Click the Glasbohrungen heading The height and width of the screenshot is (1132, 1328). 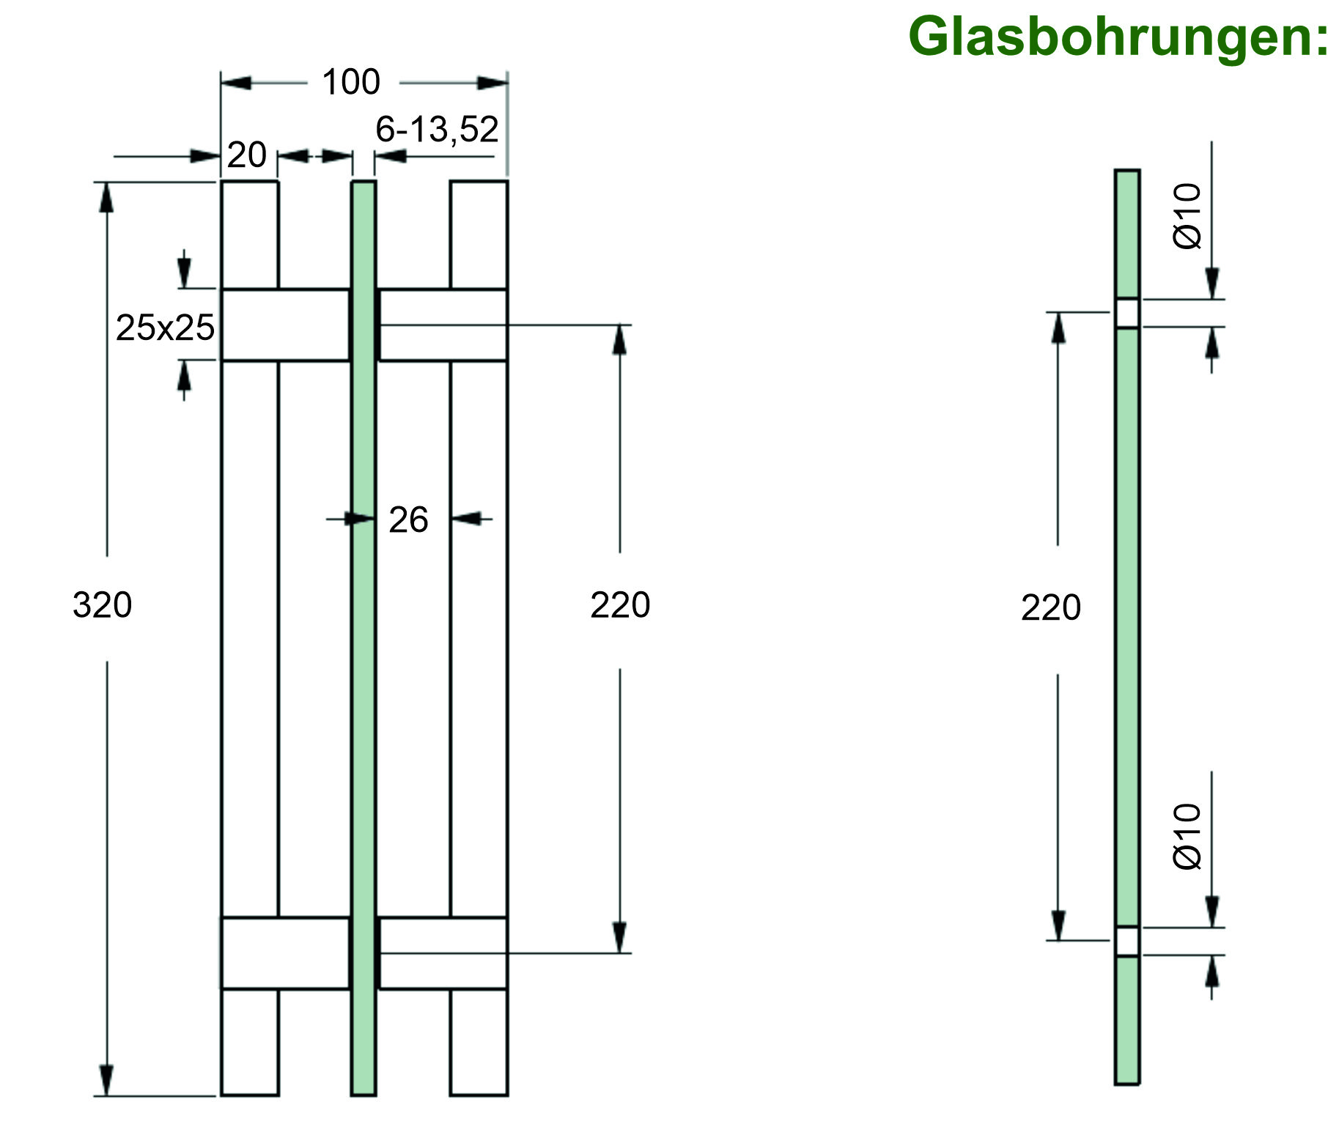point(1116,37)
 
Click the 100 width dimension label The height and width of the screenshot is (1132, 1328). point(351,82)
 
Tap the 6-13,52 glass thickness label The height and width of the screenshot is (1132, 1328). point(437,130)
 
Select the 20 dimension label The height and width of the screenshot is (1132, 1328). point(246,155)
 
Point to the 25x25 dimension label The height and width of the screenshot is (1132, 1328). point(165,328)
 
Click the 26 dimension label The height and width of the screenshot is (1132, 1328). point(408,520)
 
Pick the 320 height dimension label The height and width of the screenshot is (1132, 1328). point(103,605)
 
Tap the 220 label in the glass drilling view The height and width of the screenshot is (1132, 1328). point(1050,608)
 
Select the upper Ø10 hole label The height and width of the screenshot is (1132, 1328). point(1187,216)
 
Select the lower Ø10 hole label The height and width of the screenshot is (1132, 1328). point(1187,836)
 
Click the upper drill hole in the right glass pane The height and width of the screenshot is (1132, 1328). point(1127,313)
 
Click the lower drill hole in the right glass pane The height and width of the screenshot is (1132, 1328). point(1127,941)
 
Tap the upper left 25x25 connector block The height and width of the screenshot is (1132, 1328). point(285,325)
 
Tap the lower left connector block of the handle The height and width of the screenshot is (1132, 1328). point(285,952)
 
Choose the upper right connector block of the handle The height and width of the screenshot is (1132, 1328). point(443,325)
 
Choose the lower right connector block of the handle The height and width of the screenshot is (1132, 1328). point(443,952)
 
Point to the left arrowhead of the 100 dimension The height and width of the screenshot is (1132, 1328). point(236,82)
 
